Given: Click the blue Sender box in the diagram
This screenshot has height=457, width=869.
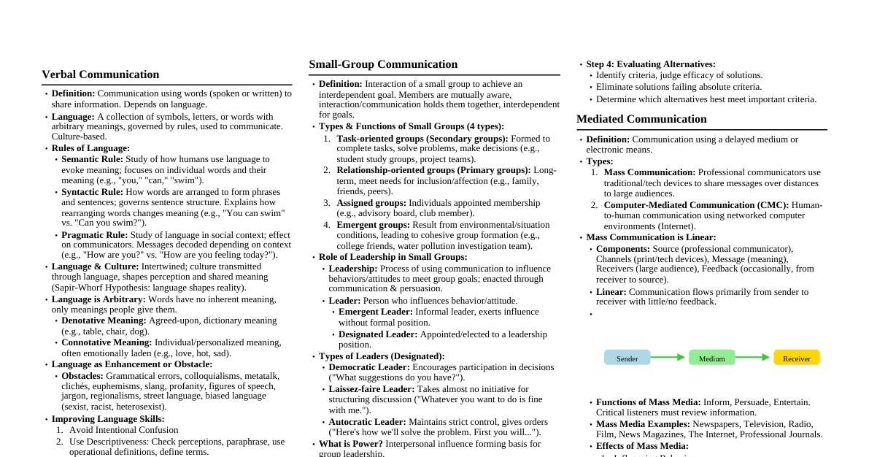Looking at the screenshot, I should click(x=627, y=358).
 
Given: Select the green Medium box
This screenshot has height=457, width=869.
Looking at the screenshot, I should click(x=711, y=358).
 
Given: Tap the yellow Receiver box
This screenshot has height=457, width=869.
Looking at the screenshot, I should click(x=796, y=358).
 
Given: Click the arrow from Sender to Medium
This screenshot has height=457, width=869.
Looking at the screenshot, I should click(x=668, y=357).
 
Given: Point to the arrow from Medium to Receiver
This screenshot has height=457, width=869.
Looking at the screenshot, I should click(x=753, y=357).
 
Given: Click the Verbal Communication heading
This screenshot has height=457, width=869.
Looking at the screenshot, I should click(x=100, y=74).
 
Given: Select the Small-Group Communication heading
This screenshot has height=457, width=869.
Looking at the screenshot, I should click(x=383, y=64).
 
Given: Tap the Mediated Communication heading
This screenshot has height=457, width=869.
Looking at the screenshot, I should click(x=641, y=119).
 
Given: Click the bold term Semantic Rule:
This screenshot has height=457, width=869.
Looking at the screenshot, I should click(x=92, y=159).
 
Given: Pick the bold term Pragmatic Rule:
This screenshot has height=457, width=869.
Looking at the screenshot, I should click(x=94, y=235).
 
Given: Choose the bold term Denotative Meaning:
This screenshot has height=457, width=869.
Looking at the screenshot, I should click(x=104, y=320).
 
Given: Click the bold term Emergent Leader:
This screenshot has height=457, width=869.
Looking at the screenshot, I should click(x=376, y=312).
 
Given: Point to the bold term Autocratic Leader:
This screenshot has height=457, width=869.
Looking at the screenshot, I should click(x=367, y=422).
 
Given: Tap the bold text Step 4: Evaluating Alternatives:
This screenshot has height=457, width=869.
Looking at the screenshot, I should click(x=651, y=64).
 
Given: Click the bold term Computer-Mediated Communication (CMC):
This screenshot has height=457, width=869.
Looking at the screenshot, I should click(x=696, y=205).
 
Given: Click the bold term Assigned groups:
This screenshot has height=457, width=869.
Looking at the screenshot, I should click(x=371, y=203).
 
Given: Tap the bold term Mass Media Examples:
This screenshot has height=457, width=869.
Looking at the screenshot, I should click(x=643, y=424).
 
